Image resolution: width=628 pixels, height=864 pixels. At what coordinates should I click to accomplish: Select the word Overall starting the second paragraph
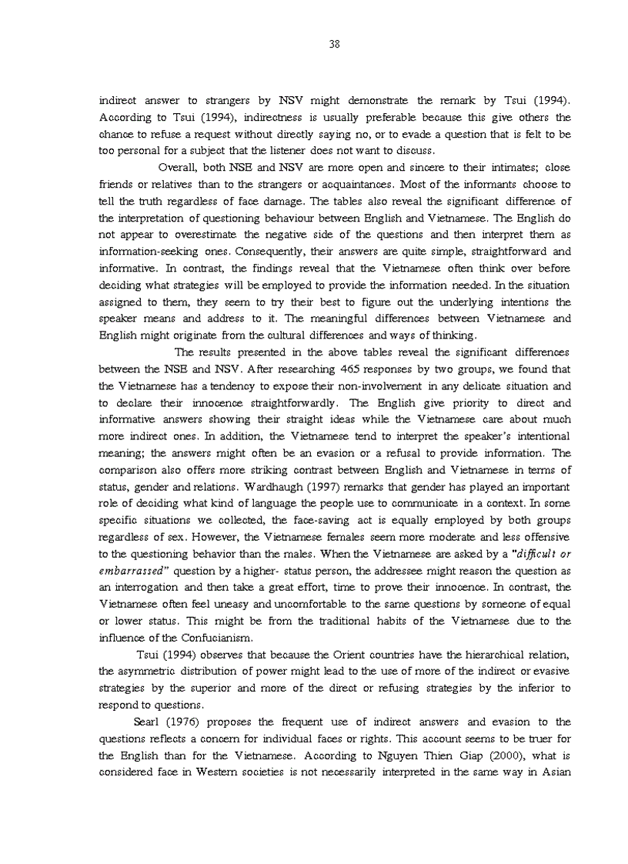(x=178, y=168)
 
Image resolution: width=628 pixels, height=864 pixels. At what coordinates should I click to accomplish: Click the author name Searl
(x=145, y=722)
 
